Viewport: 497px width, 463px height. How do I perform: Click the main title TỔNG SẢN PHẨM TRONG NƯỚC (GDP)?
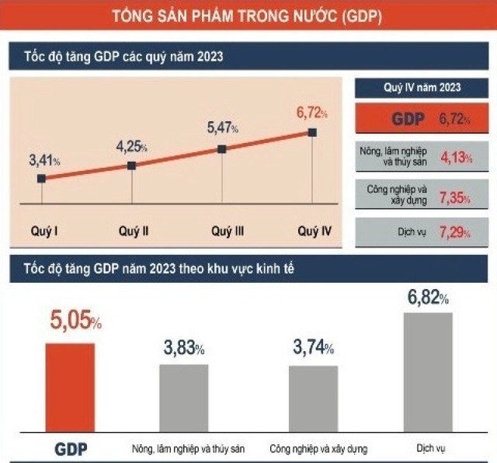247,15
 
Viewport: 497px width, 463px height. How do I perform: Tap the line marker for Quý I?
41,178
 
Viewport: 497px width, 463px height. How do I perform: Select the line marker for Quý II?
131,165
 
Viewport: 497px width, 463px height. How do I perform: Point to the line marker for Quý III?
222,148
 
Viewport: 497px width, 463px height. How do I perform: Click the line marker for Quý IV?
312,132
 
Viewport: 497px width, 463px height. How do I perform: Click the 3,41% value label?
44,161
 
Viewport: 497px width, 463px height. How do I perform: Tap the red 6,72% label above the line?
311,113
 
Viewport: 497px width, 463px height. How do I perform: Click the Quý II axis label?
134,231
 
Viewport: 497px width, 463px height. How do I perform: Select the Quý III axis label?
228,231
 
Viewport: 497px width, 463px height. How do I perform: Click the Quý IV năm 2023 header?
421,87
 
